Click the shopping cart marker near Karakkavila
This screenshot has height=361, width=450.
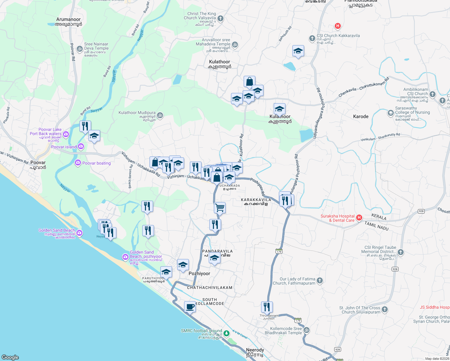tap(220, 208)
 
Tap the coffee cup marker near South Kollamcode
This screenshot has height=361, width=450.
tap(190, 307)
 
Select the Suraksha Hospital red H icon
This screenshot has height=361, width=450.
tap(359, 218)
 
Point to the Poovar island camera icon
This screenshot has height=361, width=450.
tap(81, 147)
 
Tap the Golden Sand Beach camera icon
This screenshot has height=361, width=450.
tap(79, 233)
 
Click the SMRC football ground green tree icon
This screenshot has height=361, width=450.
tap(227, 333)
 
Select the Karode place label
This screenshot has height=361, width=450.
tap(361, 116)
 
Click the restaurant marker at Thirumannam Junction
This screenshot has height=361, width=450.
tap(267, 307)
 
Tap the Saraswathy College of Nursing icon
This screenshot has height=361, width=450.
tap(390, 113)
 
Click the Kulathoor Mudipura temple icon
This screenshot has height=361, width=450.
tap(160, 115)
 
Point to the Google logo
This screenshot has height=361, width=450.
tap(10, 357)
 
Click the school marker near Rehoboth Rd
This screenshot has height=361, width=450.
tap(298, 51)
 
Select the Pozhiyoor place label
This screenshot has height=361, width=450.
tap(199, 273)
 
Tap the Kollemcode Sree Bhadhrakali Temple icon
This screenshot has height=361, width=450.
tap(306, 330)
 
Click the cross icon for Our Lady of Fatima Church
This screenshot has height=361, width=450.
tap(319, 281)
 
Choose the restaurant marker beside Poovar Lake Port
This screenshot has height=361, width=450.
tap(85, 126)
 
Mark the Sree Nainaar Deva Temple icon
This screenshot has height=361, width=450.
tap(79, 49)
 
